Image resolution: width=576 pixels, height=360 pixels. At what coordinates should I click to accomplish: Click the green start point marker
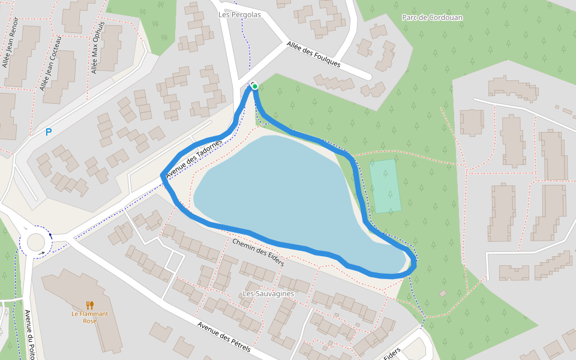255,87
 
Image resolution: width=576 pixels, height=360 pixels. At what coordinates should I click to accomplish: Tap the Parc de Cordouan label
432,17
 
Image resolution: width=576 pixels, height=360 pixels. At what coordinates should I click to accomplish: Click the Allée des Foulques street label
313,54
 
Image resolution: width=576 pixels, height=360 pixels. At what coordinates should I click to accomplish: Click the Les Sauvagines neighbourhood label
268,293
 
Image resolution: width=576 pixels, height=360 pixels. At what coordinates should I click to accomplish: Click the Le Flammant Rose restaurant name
90,317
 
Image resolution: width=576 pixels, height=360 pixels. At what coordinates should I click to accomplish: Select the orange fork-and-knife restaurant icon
90,305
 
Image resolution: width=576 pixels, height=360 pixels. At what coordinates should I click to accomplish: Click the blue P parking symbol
49,132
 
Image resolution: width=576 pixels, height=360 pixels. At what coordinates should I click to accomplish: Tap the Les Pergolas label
240,14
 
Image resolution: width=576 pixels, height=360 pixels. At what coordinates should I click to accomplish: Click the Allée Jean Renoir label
11,43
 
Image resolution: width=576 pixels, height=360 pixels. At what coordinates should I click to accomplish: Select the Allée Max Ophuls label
97,48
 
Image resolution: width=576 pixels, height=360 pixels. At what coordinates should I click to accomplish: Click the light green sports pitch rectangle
385,186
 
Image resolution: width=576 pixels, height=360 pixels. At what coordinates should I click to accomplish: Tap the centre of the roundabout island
35,244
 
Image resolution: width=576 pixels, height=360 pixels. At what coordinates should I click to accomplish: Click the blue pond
288,192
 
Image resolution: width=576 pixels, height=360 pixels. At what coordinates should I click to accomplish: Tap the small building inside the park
443,293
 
